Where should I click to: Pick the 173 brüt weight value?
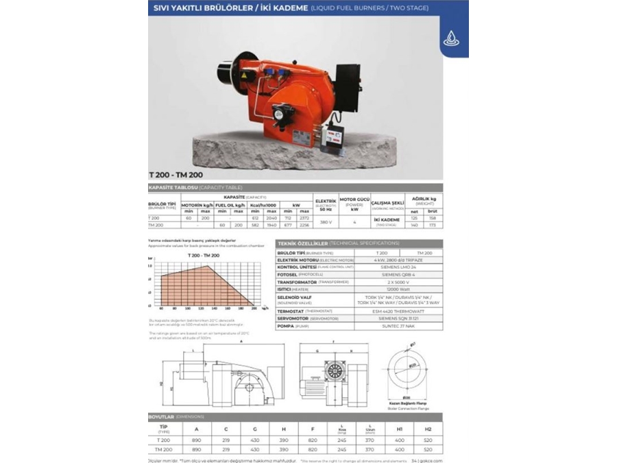[432, 225]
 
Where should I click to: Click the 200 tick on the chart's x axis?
[255, 309]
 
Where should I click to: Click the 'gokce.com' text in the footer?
[431, 461]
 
